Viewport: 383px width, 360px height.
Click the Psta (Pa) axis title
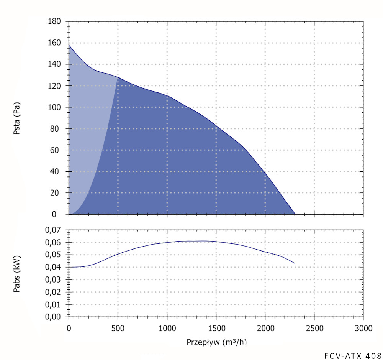click(17, 118)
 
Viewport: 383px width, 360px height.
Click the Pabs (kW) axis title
click(17, 273)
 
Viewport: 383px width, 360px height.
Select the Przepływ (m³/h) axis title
click(216, 342)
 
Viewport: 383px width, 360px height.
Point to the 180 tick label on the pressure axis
click(54, 21)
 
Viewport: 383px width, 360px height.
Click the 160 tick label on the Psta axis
click(54, 43)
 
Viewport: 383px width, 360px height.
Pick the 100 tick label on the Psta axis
click(54, 107)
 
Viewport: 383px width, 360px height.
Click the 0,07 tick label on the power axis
click(54, 230)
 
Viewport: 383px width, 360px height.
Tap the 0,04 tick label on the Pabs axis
click(54, 267)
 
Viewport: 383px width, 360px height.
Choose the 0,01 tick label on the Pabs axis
click(54, 305)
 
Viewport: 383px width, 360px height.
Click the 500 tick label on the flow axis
click(118, 329)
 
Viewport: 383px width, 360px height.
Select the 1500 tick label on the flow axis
click(216, 329)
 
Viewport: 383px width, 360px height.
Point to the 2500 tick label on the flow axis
click(314, 329)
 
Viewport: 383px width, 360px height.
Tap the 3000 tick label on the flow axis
click(363, 329)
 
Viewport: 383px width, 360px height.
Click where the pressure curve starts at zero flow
click(69, 45)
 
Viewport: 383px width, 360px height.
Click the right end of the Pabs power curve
click(294, 263)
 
